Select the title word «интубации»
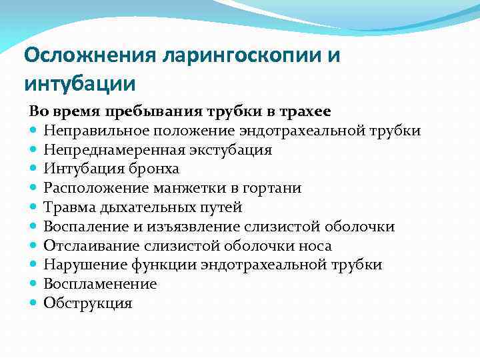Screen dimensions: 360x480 80,85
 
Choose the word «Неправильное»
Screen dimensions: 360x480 89,131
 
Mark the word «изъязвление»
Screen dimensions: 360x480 200,227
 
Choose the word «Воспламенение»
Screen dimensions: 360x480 100,284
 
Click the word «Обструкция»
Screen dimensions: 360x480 88,303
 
